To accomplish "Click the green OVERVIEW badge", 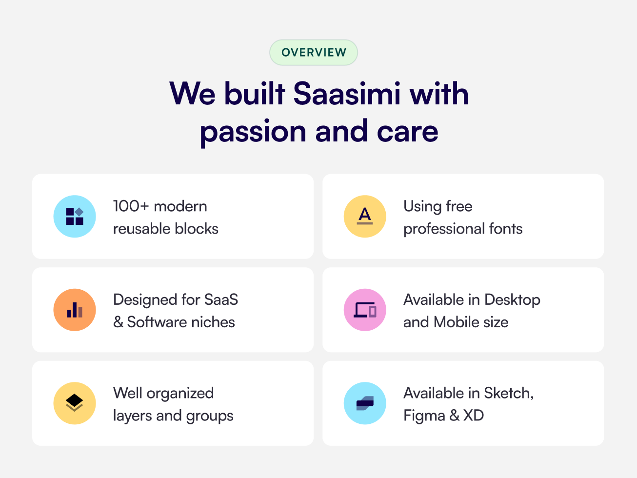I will [314, 53].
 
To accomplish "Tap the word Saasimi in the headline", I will [347, 94].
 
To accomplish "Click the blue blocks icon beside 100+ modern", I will [75, 217].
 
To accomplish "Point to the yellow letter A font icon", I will [365, 217].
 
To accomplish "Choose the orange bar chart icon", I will [75, 310].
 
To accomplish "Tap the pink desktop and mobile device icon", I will [365, 310].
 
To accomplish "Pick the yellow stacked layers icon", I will [75, 403].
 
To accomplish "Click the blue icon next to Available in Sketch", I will [365, 403].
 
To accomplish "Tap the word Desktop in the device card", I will [512, 300].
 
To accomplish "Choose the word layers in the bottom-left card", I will [132, 416].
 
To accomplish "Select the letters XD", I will [473, 416].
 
